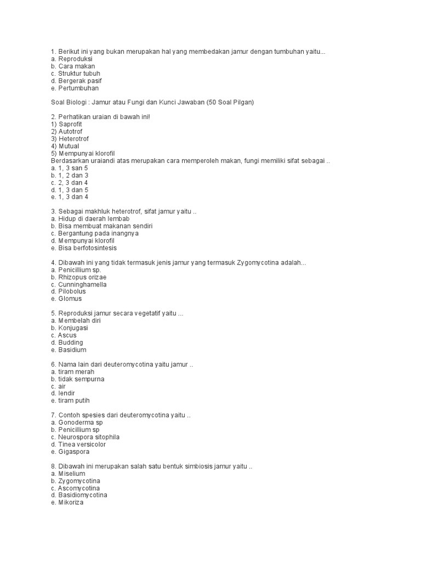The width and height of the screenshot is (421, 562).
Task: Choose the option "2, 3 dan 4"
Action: coord(69,182)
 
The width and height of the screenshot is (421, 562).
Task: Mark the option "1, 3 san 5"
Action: coord(69,168)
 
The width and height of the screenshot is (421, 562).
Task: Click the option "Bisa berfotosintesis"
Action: coord(83,248)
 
